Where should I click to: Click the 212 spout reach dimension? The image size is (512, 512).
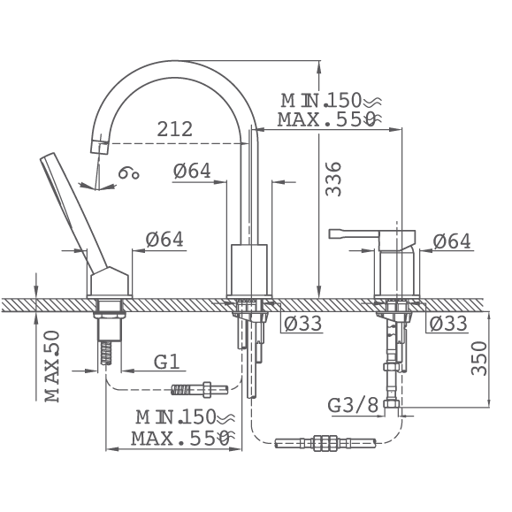pyautogui.click(x=175, y=129)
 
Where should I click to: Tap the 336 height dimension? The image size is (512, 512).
pyautogui.click(x=333, y=179)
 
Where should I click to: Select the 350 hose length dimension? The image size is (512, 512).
pyautogui.click(x=479, y=358)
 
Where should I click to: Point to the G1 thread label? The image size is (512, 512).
pyautogui.click(x=167, y=362)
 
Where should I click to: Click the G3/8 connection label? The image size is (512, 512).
pyautogui.click(x=353, y=405)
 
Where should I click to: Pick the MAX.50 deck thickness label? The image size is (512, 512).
pyautogui.click(x=52, y=366)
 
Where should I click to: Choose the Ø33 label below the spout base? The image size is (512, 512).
pyautogui.click(x=302, y=324)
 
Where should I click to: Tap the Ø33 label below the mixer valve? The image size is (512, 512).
pyautogui.click(x=448, y=324)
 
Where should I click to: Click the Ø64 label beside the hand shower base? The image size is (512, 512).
pyautogui.click(x=164, y=240)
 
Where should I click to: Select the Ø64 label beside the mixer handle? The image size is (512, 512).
pyautogui.click(x=452, y=241)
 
